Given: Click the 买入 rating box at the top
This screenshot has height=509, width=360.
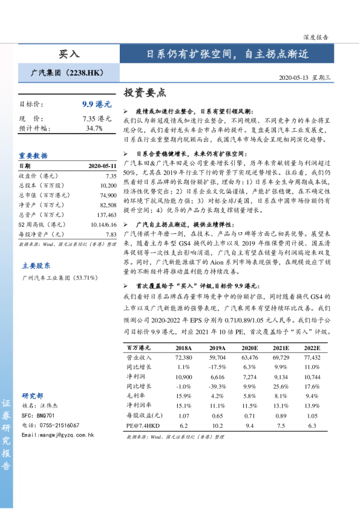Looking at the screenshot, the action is (x=68, y=53).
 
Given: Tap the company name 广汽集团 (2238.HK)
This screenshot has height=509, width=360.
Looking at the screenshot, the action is (x=68, y=73).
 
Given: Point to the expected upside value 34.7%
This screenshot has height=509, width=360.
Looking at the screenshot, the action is (x=94, y=128).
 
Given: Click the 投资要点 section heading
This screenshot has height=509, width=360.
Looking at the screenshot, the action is (x=144, y=93).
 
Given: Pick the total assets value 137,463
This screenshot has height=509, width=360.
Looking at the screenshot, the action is (x=106, y=215).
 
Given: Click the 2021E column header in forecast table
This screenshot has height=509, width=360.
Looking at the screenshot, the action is (x=281, y=348).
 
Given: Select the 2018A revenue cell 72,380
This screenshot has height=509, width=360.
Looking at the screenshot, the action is (x=183, y=358).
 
